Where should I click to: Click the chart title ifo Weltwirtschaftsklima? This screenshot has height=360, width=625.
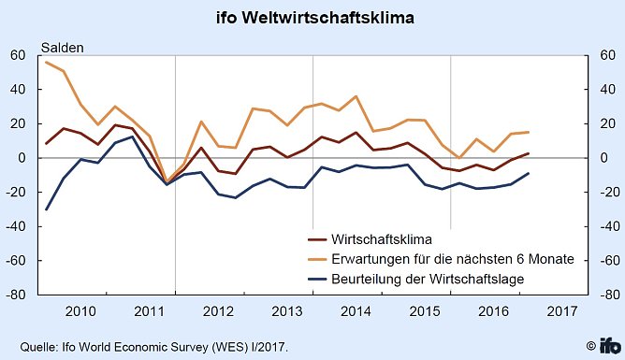[312, 19]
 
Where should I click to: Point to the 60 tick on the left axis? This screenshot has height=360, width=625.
[18, 56]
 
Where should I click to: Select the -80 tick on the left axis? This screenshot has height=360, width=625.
[14, 295]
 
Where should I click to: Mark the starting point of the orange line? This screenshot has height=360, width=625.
[46, 62]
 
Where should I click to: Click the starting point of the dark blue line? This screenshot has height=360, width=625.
[46, 209]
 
